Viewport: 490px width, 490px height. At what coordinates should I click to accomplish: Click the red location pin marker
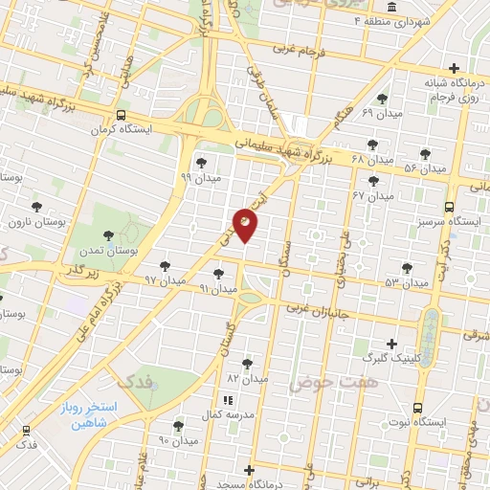(246, 224)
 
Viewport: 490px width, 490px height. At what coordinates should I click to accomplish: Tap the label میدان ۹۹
(200, 177)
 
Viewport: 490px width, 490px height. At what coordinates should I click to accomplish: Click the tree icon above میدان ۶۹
(383, 99)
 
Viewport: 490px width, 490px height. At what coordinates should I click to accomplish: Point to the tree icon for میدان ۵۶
(425, 153)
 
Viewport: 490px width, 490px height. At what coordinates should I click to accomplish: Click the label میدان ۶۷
(372, 195)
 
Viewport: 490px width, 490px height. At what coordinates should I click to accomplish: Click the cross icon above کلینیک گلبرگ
(391, 344)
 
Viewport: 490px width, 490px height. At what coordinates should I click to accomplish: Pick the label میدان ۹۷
(163, 279)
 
